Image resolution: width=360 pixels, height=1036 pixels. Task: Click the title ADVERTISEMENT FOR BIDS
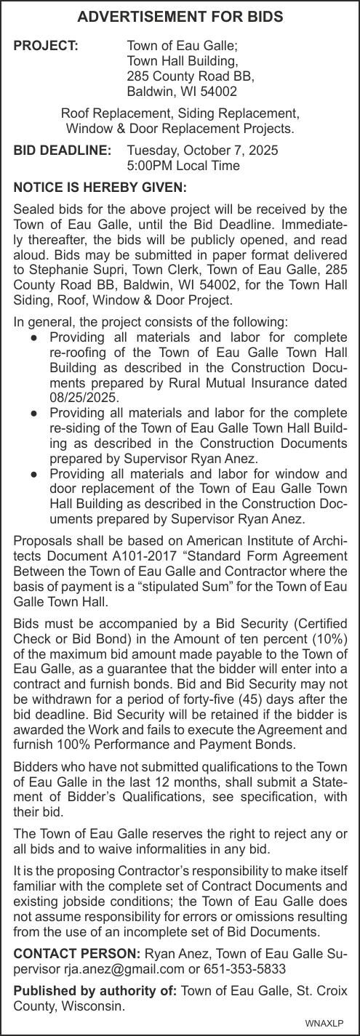click(x=180, y=17)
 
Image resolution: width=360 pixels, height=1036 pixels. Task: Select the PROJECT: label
click(x=46, y=46)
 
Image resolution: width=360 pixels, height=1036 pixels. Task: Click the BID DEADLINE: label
click(x=63, y=150)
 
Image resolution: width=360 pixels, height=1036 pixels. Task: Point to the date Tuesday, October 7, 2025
click(x=202, y=150)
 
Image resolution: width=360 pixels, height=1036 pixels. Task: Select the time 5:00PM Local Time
click(x=183, y=166)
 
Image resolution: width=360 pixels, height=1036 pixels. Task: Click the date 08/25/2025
click(x=84, y=398)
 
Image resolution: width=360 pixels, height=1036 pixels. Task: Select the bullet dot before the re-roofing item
click(x=34, y=337)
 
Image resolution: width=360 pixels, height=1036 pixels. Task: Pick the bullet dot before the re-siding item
click(x=34, y=413)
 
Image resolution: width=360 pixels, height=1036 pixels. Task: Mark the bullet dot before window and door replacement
click(x=34, y=473)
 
